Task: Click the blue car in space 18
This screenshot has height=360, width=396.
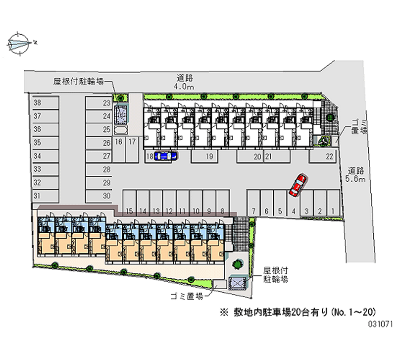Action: (165, 156)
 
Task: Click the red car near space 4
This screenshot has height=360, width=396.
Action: (298, 185)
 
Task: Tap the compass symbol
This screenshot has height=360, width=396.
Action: (19, 44)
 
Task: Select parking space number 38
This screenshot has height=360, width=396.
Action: (46, 103)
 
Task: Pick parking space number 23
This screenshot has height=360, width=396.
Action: (99, 103)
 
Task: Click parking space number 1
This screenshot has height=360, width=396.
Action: (333, 204)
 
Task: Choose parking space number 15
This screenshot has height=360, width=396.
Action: (130, 204)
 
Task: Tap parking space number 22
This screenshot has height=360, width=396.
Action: (323, 156)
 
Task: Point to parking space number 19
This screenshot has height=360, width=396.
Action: (204, 156)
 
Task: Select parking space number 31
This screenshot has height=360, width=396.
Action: (46, 196)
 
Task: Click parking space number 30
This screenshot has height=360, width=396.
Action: (99, 196)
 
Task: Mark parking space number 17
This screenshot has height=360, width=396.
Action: (132, 150)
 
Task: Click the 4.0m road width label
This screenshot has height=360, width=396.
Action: (184, 82)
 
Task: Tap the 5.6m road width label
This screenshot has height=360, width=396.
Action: (355, 175)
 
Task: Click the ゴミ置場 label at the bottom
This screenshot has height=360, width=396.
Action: (187, 296)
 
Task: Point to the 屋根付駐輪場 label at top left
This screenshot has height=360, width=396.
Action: (78, 81)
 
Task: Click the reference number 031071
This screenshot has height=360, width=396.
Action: (380, 324)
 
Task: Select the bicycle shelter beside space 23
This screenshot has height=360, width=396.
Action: (121, 115)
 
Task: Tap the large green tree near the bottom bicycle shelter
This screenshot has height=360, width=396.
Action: (238, 264)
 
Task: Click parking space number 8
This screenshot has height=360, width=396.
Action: (223, 204)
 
